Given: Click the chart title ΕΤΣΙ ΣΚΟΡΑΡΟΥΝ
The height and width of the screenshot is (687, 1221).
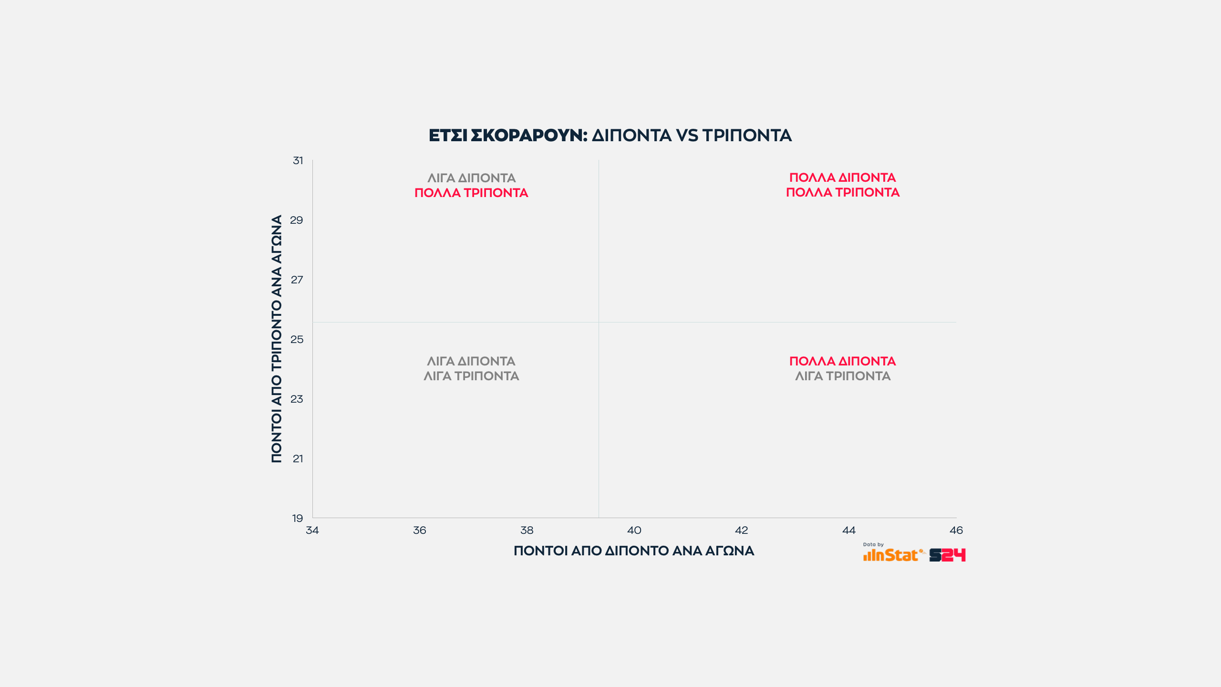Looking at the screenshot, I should [507, 135].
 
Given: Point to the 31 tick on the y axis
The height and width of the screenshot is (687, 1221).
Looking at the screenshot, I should [298, 161].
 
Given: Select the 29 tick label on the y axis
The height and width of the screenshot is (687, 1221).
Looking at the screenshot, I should [297, 220].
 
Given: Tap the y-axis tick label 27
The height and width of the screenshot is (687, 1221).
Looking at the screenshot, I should [297, 280].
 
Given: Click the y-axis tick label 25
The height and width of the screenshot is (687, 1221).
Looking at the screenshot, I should [297, 340].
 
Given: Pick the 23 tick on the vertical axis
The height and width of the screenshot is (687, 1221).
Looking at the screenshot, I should [297, 399].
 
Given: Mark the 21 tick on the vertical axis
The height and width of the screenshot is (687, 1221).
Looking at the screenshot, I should [298, 459].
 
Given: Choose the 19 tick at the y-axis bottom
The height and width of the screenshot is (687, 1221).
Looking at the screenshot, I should [298, 519].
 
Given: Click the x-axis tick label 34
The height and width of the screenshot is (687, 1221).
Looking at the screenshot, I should [312, 531].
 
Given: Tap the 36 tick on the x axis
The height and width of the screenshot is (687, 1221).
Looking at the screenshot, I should [420, 531].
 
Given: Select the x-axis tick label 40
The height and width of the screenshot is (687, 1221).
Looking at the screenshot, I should [634, 531].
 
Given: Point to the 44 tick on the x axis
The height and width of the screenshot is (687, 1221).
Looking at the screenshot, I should [849, 531].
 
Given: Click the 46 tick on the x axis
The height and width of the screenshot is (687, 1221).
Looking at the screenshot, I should [956, 531].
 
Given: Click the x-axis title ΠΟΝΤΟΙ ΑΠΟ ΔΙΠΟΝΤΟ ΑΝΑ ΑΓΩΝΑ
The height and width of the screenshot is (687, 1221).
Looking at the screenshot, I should [634, 551].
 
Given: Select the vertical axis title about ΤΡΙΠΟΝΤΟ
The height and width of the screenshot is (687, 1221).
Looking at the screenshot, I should [277, 339].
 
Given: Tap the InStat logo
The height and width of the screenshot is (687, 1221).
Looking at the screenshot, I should [892, 555].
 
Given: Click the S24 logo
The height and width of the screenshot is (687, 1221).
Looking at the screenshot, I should [947, 555].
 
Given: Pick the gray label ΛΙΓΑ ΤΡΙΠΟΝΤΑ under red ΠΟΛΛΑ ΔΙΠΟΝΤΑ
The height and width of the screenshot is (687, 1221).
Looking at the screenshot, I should [843, 376].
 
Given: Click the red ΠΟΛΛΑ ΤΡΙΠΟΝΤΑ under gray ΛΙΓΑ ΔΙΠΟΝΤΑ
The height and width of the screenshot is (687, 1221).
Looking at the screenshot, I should [471, 193].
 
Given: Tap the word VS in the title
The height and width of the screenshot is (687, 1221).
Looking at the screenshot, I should [687, 135].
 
